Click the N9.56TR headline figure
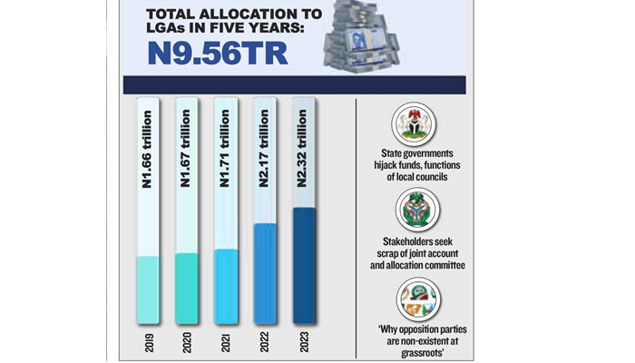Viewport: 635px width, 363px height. [x=219, y=53]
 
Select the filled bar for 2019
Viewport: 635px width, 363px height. [x=149, y=289]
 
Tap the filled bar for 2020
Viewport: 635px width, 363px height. [x=186, y=288]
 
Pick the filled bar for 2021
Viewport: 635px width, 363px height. [x=225, y=286]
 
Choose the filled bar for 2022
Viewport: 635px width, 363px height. [x=265, y=272]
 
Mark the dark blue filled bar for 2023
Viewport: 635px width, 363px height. [x=303, y=265]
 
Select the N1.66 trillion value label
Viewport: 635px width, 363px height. [x=147, y=150]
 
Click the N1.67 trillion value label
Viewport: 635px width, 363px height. [x=185, y=150]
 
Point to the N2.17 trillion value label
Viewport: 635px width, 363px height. [x=264, y=150]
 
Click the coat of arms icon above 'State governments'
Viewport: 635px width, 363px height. [x=416, y=123]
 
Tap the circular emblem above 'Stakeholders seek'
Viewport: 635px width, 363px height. [x=416, y=211]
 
